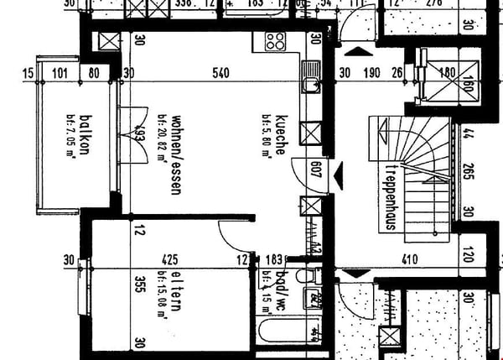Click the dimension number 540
click(220, 74)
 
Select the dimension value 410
click(409, 259)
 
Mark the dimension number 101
click(59, 74)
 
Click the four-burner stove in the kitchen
click(275, 40)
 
